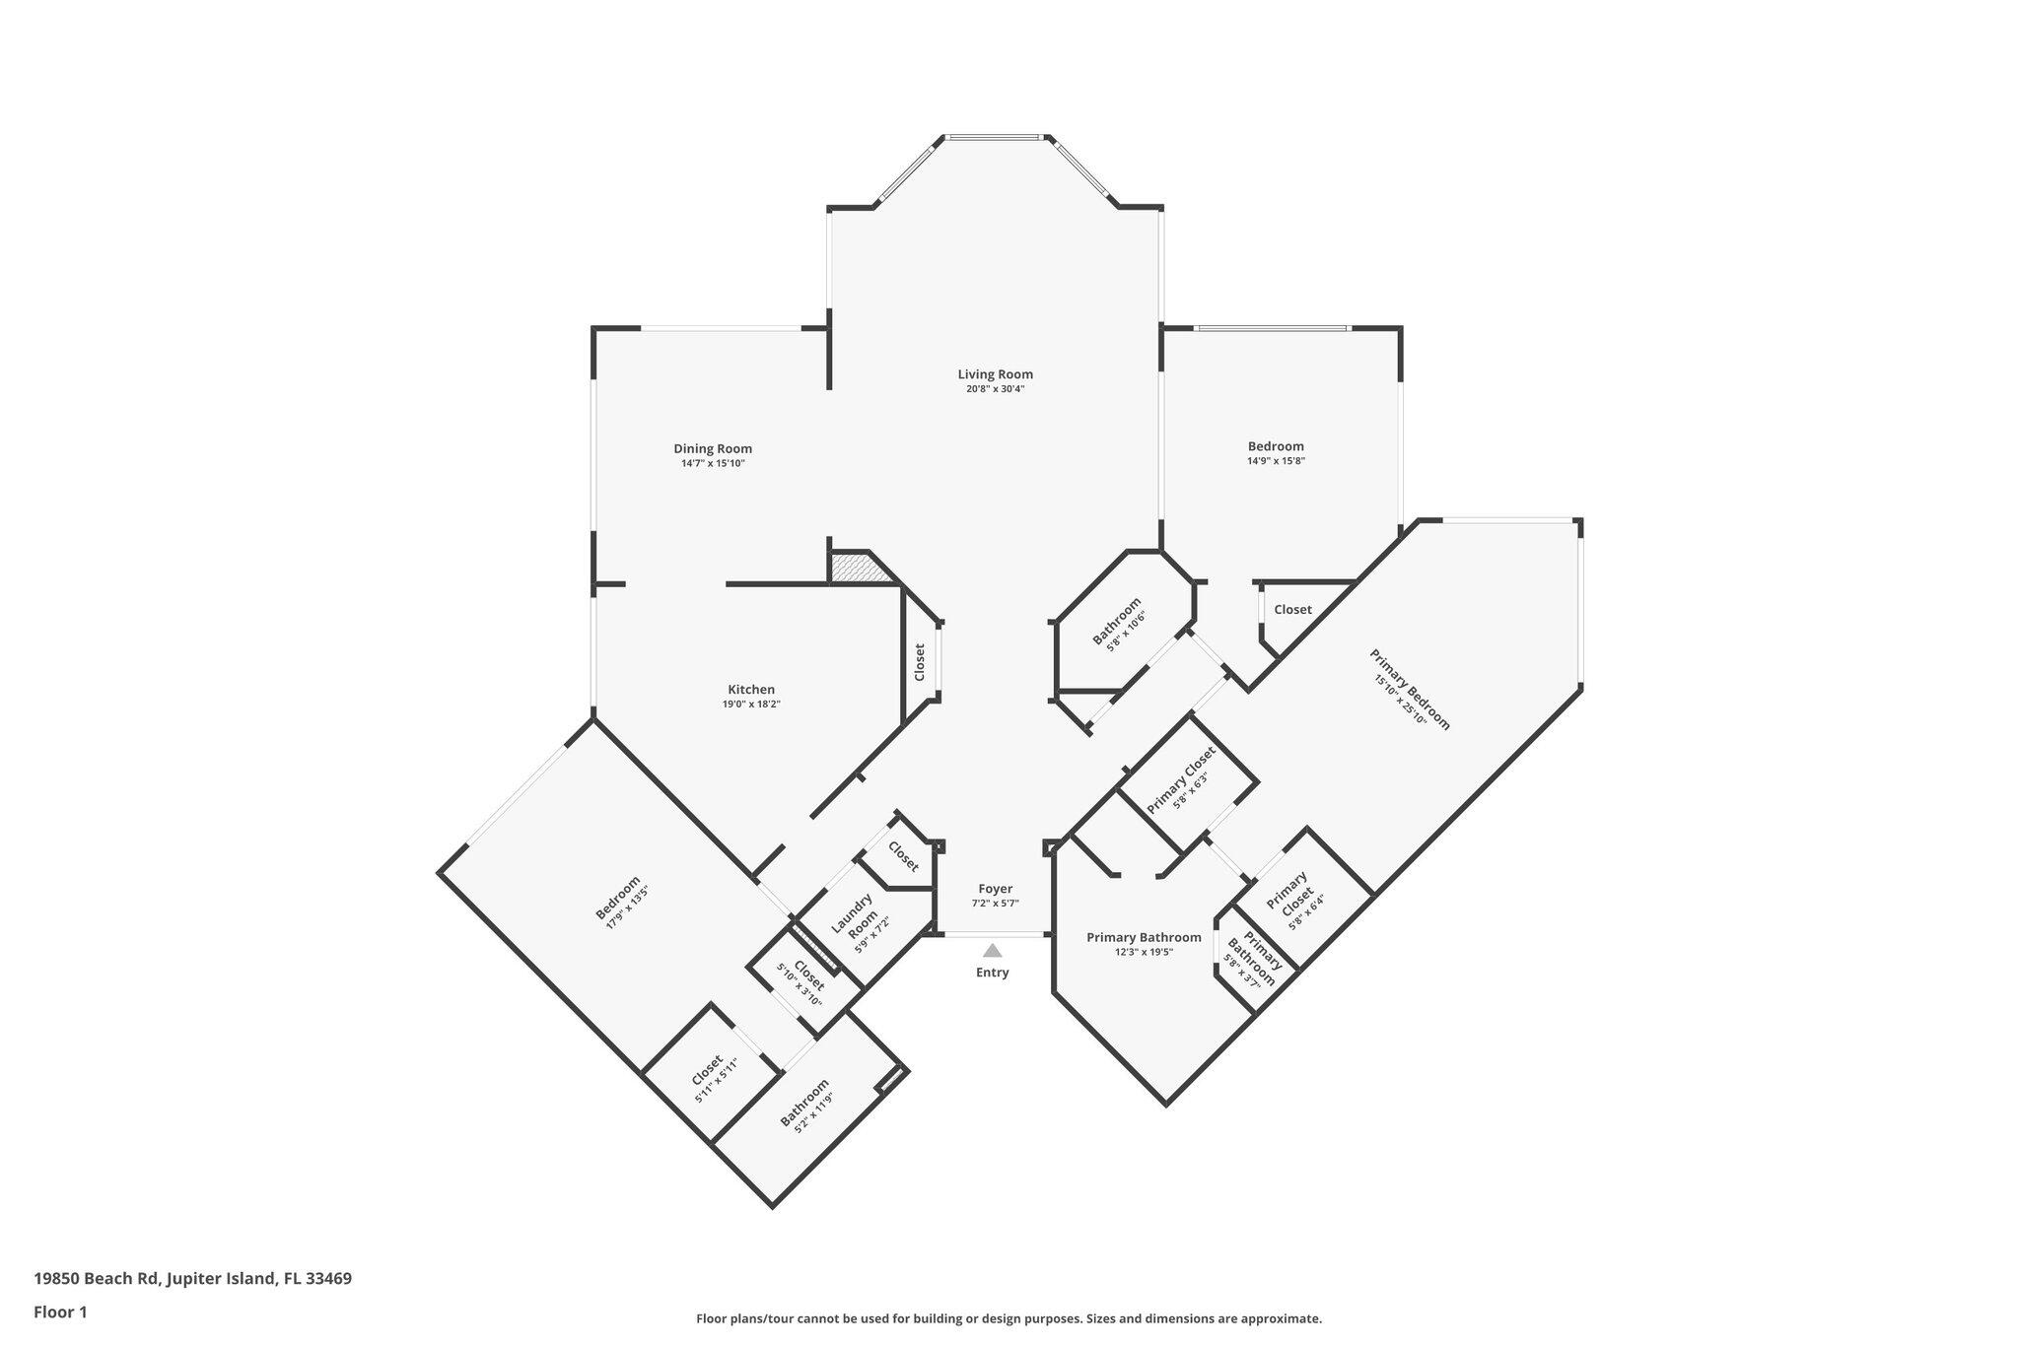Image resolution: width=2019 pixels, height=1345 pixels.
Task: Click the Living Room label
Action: click(x=995, y=374)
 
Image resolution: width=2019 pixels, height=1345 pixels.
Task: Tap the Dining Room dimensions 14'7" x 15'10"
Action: click(x=712, y=463)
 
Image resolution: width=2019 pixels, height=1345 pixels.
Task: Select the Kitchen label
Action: click(x=751, y=690)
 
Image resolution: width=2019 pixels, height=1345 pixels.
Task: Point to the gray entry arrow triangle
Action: click(x=993, y=951)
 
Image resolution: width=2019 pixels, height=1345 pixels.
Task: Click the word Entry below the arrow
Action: click(x=992, y=973)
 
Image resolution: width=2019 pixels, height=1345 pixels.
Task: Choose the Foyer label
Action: click(x=995, y=889)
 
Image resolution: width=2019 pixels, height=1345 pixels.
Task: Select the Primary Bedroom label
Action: click(x=1410, y=689)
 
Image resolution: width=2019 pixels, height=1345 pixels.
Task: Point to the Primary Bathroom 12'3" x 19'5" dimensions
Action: click(x=1144, y=953)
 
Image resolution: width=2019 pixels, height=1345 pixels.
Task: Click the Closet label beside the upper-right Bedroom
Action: click(x=1292, y=610)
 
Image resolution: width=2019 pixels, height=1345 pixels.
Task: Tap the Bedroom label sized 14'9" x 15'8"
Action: click(x=1276, y=446)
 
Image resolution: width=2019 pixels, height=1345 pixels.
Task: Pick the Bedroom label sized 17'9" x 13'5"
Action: click(x=618, y=898)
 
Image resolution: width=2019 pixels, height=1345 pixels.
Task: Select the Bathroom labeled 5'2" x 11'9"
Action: click(x=803, y=1104)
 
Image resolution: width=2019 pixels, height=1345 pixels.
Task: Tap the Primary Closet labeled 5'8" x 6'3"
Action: click(x=1181, y=779)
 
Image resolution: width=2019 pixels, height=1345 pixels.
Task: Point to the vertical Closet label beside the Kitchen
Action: click(x=920, y=662)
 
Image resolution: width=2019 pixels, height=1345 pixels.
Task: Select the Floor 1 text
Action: click(x=60, y=1311)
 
